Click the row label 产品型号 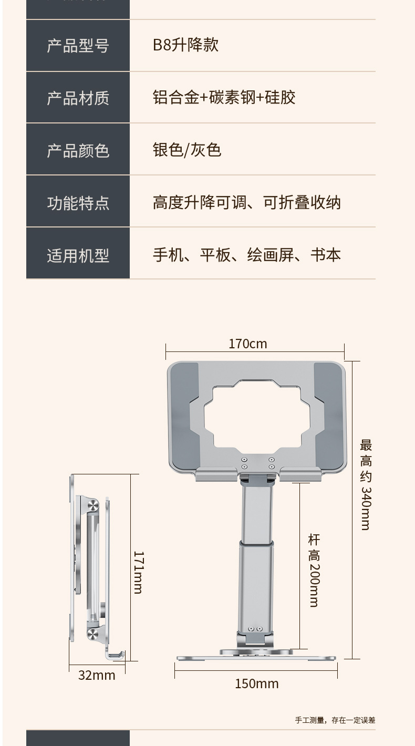(x=78, y=46)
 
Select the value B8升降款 (x=185, y=45)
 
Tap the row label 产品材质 (x=78, y=98)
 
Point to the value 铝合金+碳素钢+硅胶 (x=224, y=97)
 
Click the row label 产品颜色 (x=78, y=150)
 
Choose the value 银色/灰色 (x=187, y=150)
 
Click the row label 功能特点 (x=78, y=203)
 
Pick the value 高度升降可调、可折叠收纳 (x=246, y=202)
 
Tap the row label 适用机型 (x=78, y=255)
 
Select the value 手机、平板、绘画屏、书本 (x=246, y=255)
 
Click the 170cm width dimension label (x=247, y=344)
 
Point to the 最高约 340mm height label (x=366, y=484)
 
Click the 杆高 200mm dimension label (x=314, y=570)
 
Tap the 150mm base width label (x=256, y=683)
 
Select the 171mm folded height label (x=138, y=572)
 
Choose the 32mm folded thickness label (x=97, y=675)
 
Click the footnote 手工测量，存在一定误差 (x=335, y=720)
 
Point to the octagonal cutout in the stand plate (x=257, y=415)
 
